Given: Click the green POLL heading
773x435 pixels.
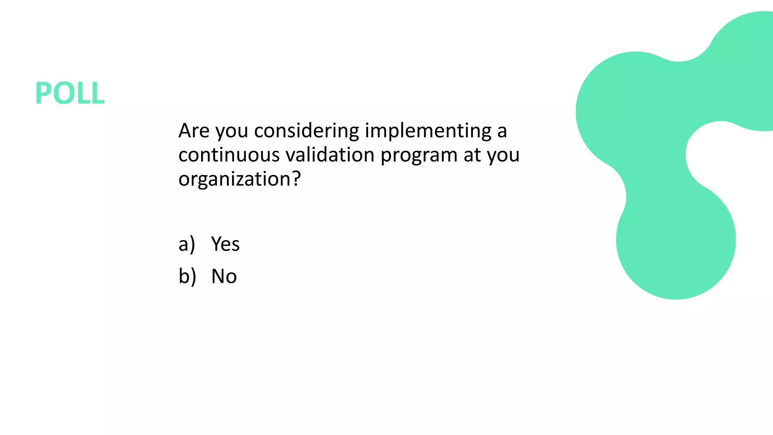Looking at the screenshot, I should click(x=70, y=93).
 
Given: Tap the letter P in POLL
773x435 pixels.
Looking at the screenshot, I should click(x=43, y=93).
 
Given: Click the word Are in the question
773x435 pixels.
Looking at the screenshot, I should click(x=194, y=131).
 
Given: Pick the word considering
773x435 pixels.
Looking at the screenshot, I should click(x=306, y=131).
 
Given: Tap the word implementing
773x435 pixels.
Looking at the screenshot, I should click(x=428, y=131).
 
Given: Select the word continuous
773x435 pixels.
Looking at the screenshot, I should click(x=229, y=155).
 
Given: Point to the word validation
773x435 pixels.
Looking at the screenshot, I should click(x=330, y=155).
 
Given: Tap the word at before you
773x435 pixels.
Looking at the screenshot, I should click(x=472, y=155).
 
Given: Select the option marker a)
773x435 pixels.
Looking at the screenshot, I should click(x=186, y=244).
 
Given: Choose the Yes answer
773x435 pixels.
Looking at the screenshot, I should click(x=225, y=244).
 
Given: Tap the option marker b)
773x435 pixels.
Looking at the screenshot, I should click(x=187, y=276).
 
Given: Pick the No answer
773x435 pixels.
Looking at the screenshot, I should click(x=224, y=276).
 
